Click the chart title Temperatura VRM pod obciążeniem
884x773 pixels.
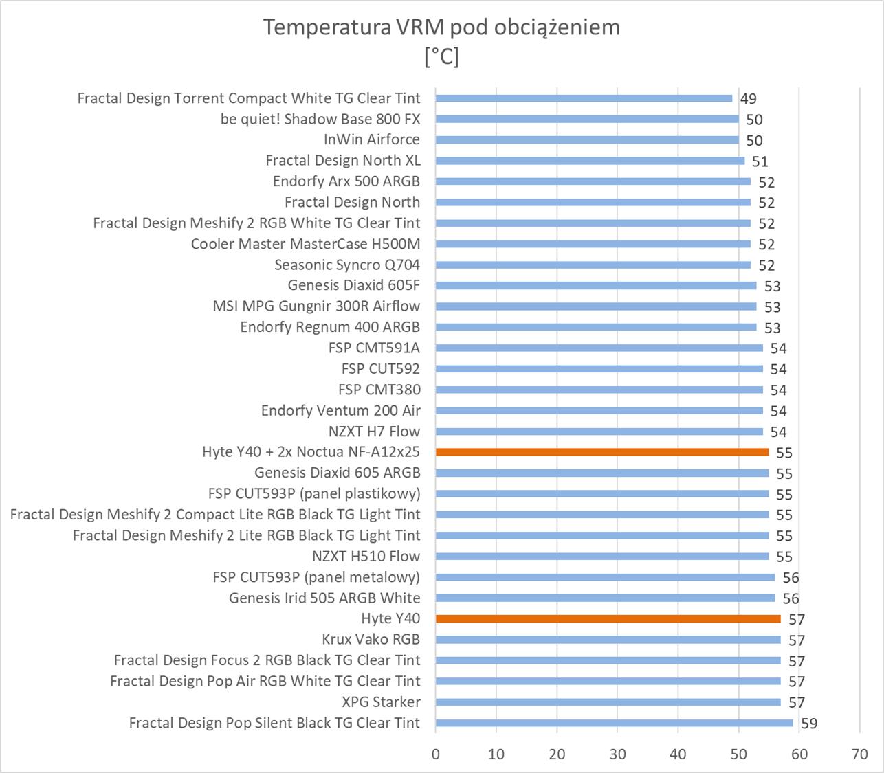coord(441,27)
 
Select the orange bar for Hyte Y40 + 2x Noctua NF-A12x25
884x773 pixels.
coord(602,452)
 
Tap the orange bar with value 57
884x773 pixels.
coord(608,618)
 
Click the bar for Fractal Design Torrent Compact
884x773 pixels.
coord(584,98)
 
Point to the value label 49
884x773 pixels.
coord(748,99)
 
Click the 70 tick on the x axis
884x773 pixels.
coord(859,754)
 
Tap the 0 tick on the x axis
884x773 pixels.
coord(436,754)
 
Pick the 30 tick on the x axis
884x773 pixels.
coord(617,754)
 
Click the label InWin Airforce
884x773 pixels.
coord(371,139)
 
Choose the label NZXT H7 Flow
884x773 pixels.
coord(374,432)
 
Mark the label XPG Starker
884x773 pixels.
coord(381,702)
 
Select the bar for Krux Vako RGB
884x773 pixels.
coord(608,640)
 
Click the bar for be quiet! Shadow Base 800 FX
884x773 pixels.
coord(587,119)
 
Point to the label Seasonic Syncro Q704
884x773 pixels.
coord(346,265)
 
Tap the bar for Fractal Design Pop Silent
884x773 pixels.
coord(614,723)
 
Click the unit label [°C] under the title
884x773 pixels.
coord(441,56)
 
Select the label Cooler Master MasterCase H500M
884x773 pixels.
coord(305,244)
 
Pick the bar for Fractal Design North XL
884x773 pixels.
coord(590,161)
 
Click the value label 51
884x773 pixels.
coord(760,161)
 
